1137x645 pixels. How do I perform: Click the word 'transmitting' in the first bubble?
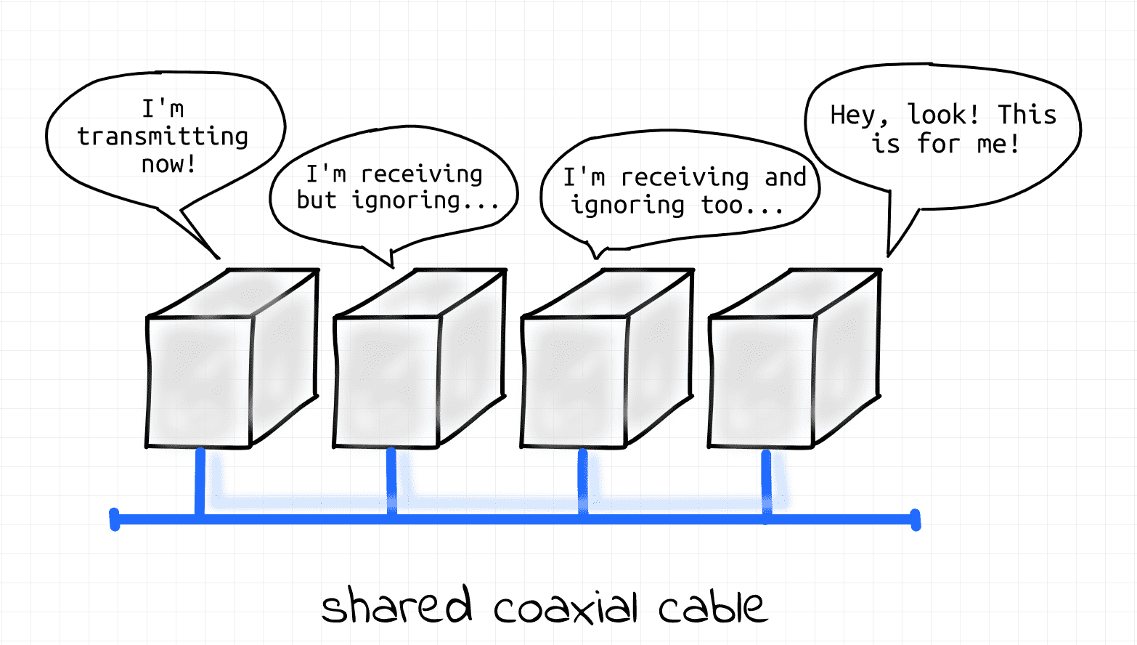coord(163,137)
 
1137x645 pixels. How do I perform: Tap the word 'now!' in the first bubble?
coord(168,164)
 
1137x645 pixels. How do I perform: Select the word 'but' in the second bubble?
coord(317,200)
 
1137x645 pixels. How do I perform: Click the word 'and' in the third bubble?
coord(786,177)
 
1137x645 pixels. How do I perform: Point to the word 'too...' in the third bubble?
coord(742,205)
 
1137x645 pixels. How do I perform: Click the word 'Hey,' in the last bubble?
coord(859,115)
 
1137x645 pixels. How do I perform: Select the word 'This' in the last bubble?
coord(1027,114)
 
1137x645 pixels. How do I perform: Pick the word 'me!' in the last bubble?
coord(998,143)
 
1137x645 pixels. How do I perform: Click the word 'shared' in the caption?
coord(396,604)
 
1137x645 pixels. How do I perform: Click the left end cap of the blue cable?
coord(115,519)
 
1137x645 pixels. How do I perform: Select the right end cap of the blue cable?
coord(916,519)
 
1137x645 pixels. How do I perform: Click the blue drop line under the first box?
coord(200,482)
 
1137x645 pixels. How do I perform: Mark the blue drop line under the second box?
coord(391,482)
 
